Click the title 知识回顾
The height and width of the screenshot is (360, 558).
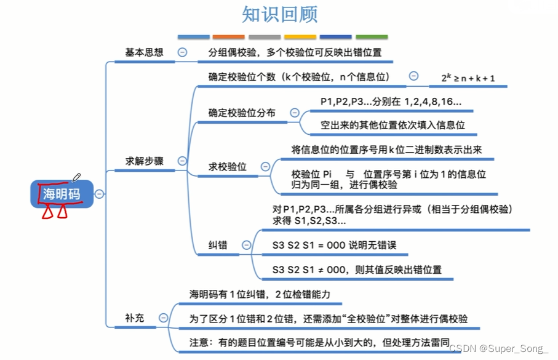tap(280, 15)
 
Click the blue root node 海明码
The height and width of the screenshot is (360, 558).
tap(62, 194)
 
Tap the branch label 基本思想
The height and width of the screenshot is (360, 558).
tap(145, 53)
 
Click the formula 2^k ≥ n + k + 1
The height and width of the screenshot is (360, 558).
tap(468, 78)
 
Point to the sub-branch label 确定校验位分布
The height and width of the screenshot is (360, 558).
tap(242, 113)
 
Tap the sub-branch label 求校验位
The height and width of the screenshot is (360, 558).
tap(228, 167)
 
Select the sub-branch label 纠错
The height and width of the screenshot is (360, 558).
tap(218, 245)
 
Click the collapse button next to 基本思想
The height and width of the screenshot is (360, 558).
tap(182, 53)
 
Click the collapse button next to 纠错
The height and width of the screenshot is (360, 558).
tap(247, 245)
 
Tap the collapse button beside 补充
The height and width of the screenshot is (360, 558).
tap(163, 318)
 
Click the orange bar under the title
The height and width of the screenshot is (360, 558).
tap(228, 37)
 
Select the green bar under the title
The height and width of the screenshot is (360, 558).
tap(372, 37)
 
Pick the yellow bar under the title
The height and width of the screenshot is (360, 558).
tap(300, 37)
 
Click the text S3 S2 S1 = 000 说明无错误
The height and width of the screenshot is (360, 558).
tap(334, 245)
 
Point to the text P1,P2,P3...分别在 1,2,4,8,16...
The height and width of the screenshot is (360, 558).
tap(391, 101)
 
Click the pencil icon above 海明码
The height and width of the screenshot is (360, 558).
tap(76, 177)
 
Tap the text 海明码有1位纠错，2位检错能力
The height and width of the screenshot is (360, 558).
tap(260, 294)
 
